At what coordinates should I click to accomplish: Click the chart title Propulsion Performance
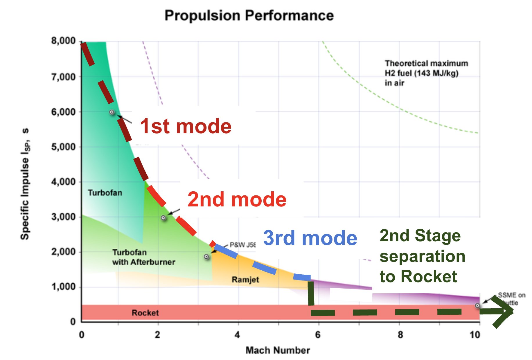coord(249,15)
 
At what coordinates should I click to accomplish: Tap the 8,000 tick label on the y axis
coord(63,41)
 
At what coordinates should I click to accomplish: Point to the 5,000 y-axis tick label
coord(63,147)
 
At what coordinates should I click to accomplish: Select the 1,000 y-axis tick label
coord(63,287)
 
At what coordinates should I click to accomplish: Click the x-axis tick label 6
coord(318,335)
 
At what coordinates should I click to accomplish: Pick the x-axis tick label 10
coord(475,335)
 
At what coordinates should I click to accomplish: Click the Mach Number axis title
coord(278,350)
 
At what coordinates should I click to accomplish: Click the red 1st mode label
coord(186,126)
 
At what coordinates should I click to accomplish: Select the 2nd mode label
coord(237,199)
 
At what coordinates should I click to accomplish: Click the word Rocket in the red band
coord(145,313)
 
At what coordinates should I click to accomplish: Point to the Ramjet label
coord(245,280)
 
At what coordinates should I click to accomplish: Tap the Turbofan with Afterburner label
coord(143,257)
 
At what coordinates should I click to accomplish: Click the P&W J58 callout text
coord(242,245)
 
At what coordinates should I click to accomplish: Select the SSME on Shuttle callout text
coord(511,298)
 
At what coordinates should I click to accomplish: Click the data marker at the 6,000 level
coord(112,112)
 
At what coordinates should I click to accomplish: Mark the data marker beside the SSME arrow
coord(477,305)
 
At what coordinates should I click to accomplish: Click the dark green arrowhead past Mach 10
coord(504,312)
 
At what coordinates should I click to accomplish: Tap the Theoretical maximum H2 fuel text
coord(426,73)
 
